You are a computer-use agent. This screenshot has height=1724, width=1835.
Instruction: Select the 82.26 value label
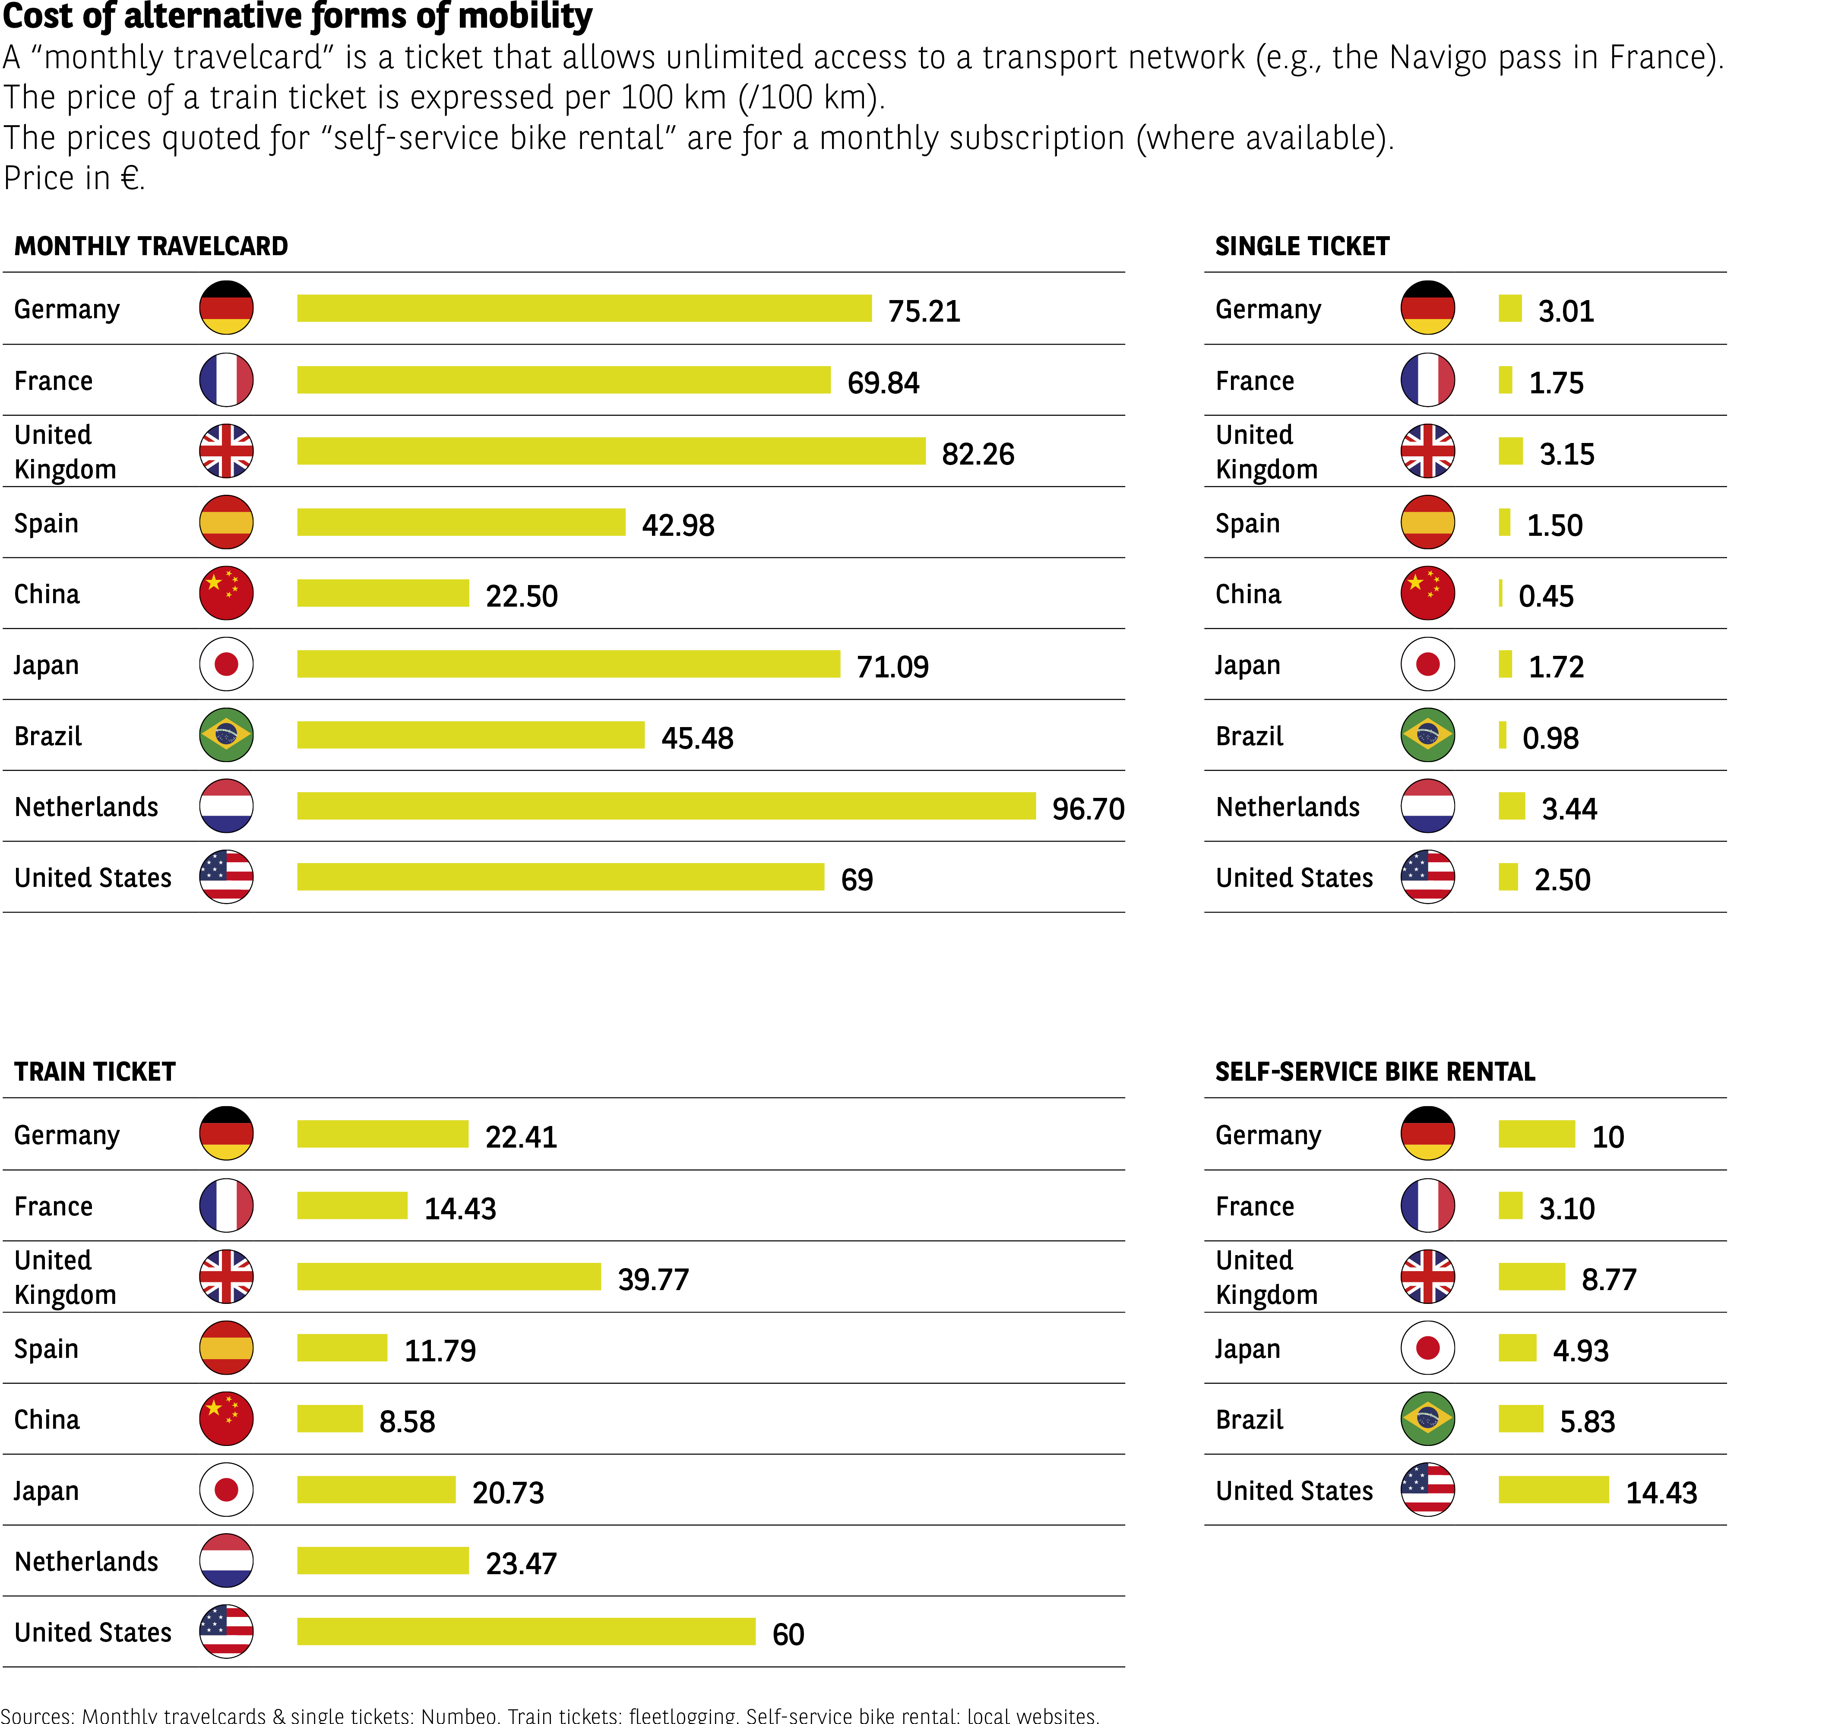(978, 454)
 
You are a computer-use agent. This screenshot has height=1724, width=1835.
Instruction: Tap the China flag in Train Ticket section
(226, 1418)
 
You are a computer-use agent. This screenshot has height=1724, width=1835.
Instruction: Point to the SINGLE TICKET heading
(1301, 247)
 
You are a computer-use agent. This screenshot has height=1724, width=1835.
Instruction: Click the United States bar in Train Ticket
(526, 1632)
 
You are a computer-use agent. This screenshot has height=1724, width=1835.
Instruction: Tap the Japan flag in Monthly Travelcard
(226, 664)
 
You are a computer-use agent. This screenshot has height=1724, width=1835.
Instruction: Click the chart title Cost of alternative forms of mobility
(297, 16)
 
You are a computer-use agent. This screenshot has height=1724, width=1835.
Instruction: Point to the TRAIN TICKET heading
(95, 1072)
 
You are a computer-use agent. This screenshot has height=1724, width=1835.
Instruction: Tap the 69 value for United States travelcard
(857, 879)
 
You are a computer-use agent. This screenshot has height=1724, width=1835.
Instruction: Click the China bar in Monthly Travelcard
(383, 593)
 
